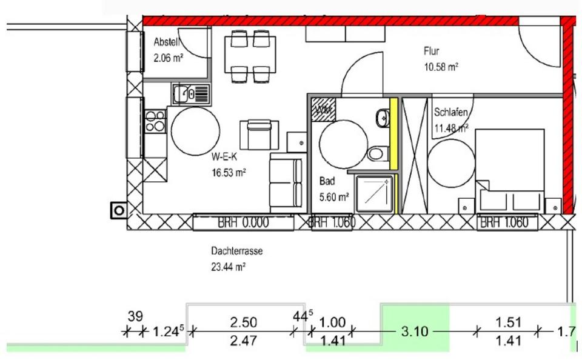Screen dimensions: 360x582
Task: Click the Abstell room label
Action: pos(165,42)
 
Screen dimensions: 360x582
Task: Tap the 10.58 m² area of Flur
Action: pos(441,67)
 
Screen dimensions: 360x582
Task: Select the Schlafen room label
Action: pos(450,112)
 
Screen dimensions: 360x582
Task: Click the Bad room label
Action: pos(326,181)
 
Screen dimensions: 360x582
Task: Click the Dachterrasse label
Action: pos(237,250)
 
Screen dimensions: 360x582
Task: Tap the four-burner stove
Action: pos(155,121)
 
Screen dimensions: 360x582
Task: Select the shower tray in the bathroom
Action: pos(374,194)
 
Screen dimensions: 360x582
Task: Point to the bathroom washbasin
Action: pos(382,118)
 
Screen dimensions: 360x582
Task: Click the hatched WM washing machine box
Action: pos(321,110)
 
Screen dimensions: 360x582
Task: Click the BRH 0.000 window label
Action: pos(242,223)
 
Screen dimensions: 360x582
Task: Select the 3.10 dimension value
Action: pos(415,332)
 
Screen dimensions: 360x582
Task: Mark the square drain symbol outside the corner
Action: pos(119,210)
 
